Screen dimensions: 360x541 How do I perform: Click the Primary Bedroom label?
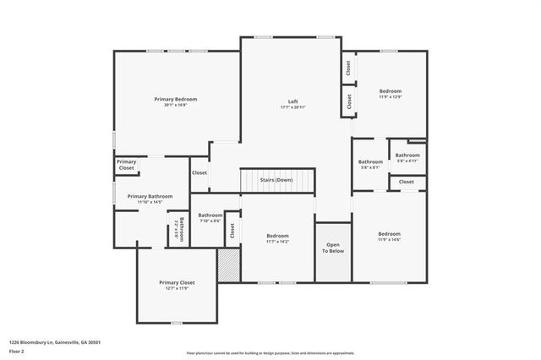[x=175, y=99]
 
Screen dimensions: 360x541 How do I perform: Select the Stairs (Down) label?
[x=276, y=180]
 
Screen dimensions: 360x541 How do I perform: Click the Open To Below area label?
[x=332, y=248]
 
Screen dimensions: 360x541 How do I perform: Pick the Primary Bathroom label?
[x=150, y=196]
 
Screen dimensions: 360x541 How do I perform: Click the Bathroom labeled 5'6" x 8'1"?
[x=370, y=162]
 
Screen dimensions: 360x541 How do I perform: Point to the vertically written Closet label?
[x=232, y=229]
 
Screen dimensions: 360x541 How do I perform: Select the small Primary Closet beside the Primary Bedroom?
[x=126, y=165]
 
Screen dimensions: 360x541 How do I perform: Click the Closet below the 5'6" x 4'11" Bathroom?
[x=407, y=182]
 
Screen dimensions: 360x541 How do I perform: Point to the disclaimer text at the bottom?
[x=270, y=353]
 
